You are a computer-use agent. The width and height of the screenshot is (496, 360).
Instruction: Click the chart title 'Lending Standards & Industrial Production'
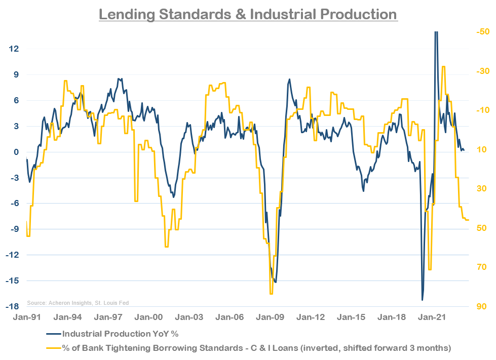click(x=248, y=14)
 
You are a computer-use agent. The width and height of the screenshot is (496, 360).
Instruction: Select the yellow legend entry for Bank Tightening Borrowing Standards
click(x=256, y=348)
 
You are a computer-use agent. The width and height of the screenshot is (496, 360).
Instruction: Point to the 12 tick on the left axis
click(x=14, y=49)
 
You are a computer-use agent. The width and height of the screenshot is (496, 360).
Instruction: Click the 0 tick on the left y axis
click(x=16, y=152)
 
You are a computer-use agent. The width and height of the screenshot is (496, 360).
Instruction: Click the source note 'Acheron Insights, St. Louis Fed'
click(x=78, y=303)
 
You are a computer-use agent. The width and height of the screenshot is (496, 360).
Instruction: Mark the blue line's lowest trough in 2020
click(x=422, y=300)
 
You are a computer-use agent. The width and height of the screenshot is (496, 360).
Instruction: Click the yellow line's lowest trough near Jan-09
click(x=271, y=293)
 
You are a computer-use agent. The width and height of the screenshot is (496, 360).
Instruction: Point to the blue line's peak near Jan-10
click(x=289, y=79)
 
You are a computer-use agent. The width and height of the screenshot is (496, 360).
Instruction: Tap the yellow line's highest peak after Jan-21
click(x=443, y=66)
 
